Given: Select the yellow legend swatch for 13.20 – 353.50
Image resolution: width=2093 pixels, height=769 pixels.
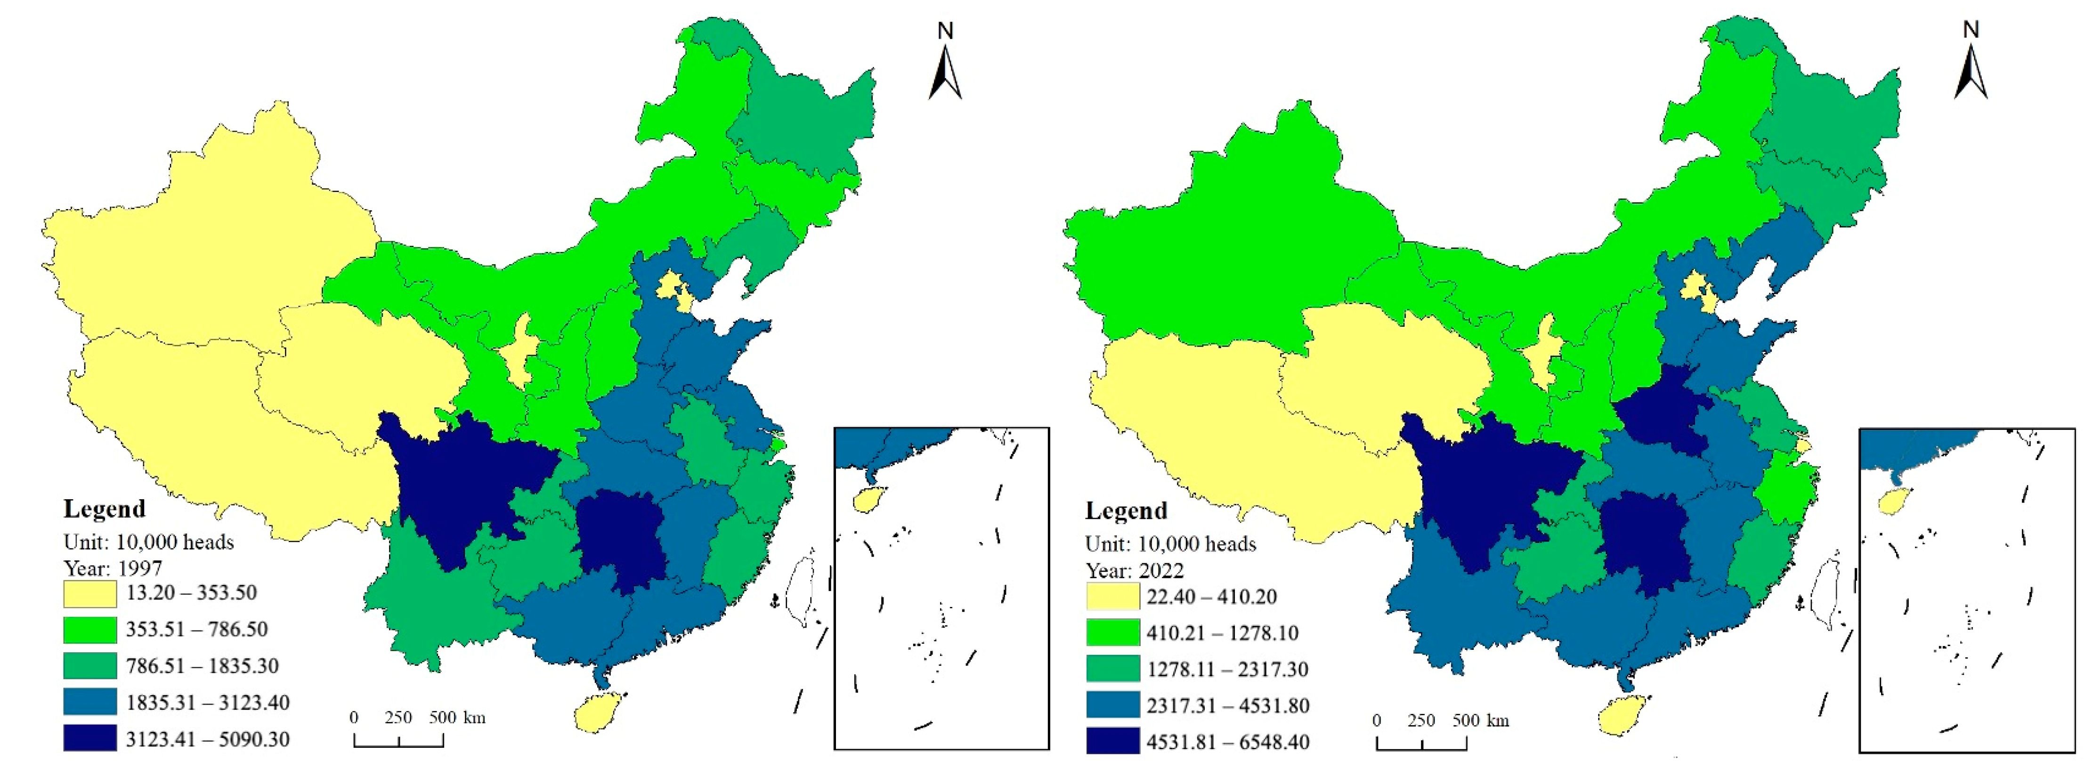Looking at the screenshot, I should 89,594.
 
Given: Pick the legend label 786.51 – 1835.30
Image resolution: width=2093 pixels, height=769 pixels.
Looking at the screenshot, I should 203,666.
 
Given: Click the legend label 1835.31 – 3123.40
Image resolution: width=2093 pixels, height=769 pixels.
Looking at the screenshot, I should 207,703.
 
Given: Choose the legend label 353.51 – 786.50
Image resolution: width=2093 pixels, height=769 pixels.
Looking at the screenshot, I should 196,629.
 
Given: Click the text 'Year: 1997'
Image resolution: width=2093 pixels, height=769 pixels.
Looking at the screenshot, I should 113,567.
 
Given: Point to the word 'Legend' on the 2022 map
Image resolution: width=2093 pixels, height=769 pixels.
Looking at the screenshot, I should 1126,511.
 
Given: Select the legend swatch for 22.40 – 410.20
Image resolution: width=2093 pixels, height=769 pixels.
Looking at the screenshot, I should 1112,597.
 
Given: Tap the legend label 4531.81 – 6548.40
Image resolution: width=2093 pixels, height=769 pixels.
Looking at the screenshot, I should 1228,741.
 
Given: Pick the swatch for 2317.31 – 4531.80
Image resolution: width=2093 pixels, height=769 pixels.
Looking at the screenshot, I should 1112,705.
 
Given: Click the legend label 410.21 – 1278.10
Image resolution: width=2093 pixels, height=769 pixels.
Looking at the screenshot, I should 1222,632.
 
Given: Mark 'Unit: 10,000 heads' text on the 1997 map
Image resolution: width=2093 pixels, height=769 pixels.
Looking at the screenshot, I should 149,542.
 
